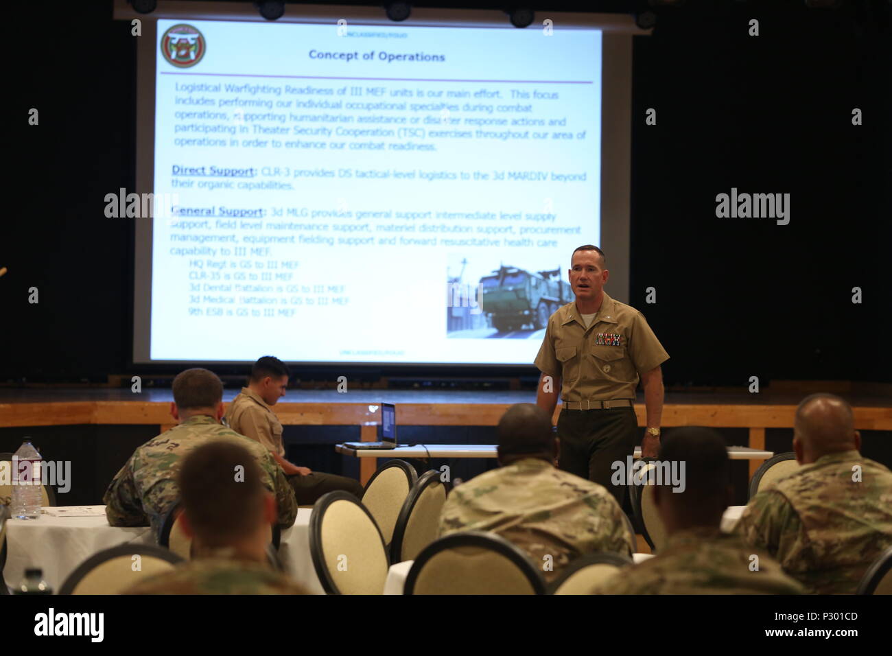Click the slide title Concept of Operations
click(376, 56)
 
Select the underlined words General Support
click(217, 211)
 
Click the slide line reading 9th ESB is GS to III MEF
click(242, 312)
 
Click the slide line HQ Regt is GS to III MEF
click(244, 264)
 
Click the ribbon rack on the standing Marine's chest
click(608, 339)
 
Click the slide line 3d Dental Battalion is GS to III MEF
click(266, 289)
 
